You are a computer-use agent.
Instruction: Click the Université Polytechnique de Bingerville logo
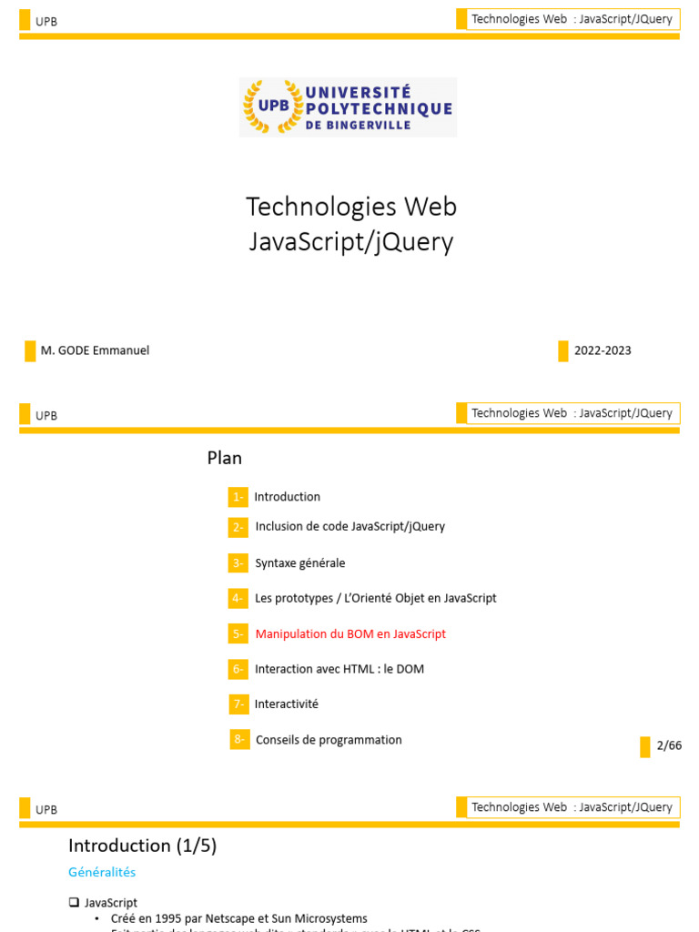[349, 107]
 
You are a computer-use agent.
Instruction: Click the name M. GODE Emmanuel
[95, 350]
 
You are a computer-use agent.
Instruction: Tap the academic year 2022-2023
[603, 350]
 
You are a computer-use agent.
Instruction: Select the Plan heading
[225, 458]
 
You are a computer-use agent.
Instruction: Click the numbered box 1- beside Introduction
[238, 497]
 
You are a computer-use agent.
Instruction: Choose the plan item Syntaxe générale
[300, 563]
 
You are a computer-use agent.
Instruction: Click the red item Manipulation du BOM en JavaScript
[350, 633]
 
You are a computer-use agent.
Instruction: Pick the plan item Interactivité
[287, 704]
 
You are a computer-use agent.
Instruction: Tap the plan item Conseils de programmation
[329, 740]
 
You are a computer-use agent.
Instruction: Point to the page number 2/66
[669, 745]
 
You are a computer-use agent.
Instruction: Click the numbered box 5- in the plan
[238, 633]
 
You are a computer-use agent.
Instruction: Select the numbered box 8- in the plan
[240, 739]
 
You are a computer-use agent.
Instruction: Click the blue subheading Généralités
[102, 872]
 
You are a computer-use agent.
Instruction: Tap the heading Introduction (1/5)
[143, 846]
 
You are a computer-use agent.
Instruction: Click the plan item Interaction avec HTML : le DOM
[339, 669]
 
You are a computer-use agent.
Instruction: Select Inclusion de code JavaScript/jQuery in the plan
[350, 526]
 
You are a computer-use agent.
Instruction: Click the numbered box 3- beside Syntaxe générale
[238, 563]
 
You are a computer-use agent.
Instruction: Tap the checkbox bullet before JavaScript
[74, 903]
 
